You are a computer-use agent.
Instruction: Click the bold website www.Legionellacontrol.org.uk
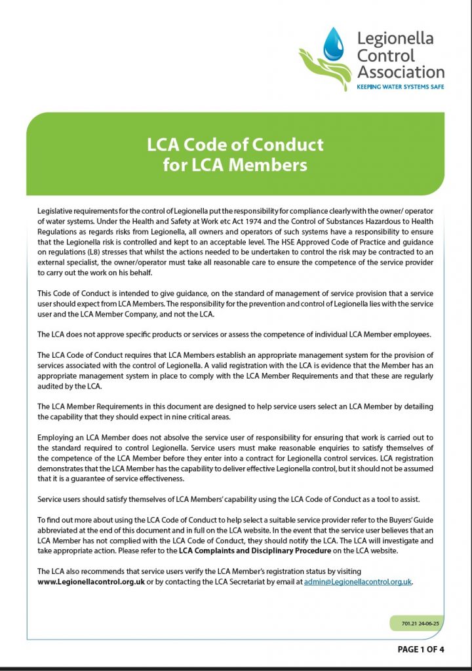[x=91, y=581]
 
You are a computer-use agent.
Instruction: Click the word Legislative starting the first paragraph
[x=58, y=212]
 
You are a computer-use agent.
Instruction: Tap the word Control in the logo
[x=386, y=54]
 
